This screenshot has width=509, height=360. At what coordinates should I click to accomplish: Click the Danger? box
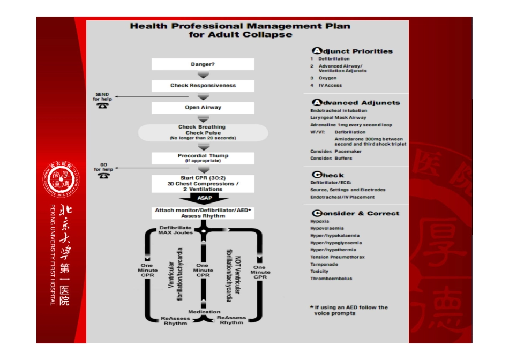[203, 64]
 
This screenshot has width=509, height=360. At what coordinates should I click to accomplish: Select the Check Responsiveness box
[203, 86]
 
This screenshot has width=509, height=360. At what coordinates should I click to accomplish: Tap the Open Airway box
[203, 108]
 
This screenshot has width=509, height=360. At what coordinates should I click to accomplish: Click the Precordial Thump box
[203, 158]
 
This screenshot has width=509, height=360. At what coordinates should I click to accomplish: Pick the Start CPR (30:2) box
[203, 183]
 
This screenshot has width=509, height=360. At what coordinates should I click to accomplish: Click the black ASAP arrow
[204, 198]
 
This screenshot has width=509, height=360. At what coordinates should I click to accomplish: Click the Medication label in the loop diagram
[204, 312]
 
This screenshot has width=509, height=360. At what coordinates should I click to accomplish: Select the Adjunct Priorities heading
[353, 51]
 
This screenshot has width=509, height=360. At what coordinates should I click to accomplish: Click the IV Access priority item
[330, 86]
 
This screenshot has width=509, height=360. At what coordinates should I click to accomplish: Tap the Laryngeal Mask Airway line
[338, 118]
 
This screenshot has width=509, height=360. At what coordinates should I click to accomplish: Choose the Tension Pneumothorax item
[338, 257]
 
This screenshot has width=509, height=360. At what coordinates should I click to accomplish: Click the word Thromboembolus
[331, 279]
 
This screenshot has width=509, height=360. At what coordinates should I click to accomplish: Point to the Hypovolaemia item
[327, 228]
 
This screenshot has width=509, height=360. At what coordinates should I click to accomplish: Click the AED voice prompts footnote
[349, 310]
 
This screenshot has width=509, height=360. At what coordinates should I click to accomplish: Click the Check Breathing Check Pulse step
[203, 132]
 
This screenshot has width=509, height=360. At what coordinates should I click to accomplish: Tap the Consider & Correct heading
[355, 213]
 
